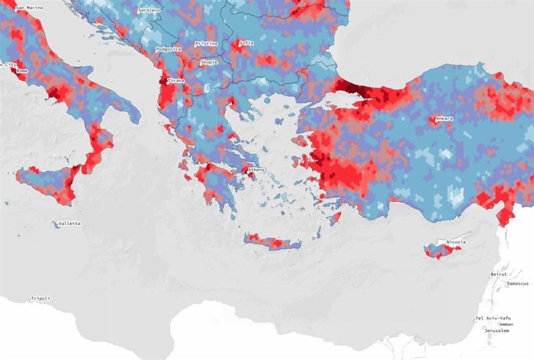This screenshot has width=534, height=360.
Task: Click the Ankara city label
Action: pos(444,118)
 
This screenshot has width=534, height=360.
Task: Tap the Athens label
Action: pos(256,170)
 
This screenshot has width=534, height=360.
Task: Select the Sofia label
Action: pos(247,43)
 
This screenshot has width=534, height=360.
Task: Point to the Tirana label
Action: pos(176,81)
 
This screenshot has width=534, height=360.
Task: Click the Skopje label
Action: pos(209,62)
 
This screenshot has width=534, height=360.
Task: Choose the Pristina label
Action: pos(205,44)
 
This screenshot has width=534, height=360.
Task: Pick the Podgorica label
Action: pos(169,49)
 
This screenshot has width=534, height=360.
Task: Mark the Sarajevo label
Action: pos(149,11)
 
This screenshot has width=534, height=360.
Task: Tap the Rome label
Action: pos(22,71)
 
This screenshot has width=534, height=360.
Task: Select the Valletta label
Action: pos(68,224)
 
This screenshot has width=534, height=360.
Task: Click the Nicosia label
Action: pos(455,242)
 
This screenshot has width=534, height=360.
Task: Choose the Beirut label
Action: pos(499,275)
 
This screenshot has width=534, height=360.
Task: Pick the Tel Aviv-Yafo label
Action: pos(493,319)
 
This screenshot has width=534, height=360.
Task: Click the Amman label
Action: pos(506,325)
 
